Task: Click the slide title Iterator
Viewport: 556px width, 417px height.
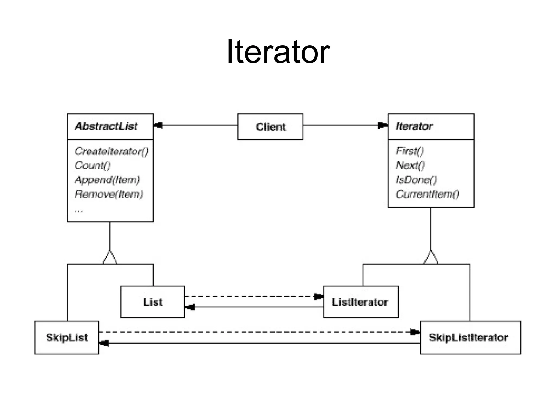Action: click(278, 52)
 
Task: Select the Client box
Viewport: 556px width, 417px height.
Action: click(270, 127)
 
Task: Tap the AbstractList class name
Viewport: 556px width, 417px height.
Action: click(106, 126)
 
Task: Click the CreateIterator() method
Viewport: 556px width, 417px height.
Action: click(111, 151)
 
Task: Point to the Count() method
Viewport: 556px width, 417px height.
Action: click(93, 165)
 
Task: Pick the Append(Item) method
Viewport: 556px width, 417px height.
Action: click(107, 180)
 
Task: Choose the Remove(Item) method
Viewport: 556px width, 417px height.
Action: click(109, 194)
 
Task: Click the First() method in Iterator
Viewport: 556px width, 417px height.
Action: click(410, 151)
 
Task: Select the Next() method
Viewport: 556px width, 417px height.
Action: click(410, 165)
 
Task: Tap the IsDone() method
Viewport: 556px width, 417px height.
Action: click(416, 180)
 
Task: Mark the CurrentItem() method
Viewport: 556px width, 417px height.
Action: click(427, 194)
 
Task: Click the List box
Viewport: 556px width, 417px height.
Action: click(153, 302)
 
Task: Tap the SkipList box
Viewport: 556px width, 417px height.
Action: click(67, 338)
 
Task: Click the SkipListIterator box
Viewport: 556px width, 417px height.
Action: click(469, 338)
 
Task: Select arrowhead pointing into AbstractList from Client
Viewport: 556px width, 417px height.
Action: click(158, 126)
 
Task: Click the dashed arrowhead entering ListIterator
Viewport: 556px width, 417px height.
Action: click(318, 296)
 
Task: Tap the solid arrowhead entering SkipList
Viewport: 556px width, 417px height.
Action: click(104, 343)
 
